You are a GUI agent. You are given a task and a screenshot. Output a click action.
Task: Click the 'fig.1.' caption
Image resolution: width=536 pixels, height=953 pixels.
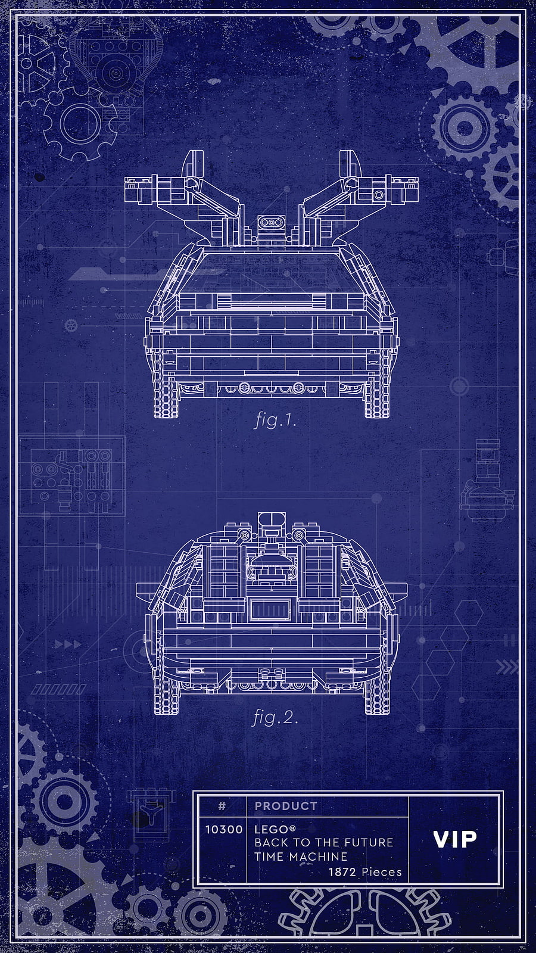point(275,421)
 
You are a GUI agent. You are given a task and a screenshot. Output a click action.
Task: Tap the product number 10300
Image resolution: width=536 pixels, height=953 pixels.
point(224,829)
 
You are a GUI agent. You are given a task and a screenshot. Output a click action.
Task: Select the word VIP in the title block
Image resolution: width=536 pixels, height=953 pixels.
point(455,839)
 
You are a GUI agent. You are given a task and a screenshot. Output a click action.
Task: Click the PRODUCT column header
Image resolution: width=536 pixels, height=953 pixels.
point(286,806)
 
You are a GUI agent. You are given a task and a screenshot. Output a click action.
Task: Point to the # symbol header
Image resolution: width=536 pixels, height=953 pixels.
point(222,806)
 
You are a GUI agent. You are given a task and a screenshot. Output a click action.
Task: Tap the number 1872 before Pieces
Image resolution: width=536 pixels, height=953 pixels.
point(342,872)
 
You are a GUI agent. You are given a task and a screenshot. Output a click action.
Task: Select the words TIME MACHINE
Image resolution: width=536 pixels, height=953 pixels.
point(301,856)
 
